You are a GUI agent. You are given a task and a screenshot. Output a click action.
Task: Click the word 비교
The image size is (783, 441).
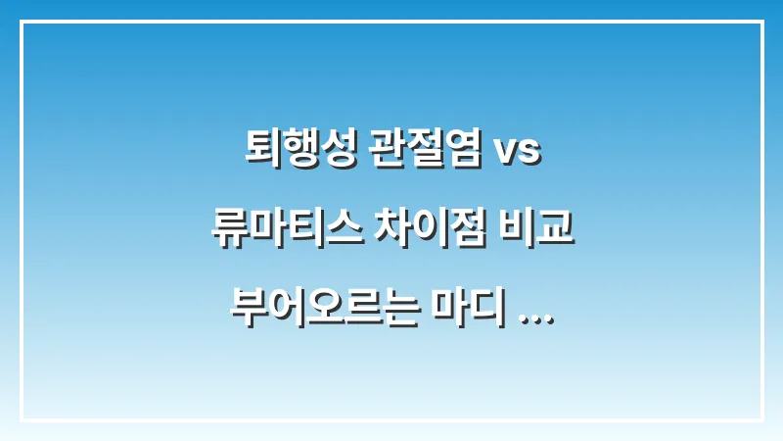click(x=539, y=227)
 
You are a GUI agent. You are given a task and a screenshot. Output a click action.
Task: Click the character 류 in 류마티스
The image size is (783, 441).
click(x=228, y=227)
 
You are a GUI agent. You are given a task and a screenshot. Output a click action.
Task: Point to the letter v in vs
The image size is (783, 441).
click(x=506, y=155)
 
